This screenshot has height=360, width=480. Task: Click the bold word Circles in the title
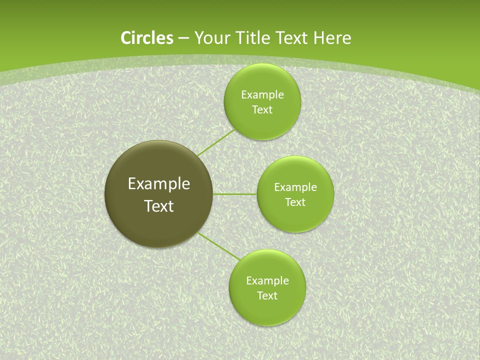(x=146, y=38)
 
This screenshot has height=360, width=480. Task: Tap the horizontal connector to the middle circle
(x=235, y=194)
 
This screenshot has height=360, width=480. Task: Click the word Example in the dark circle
(x=159, y=184)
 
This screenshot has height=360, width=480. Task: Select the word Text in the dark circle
(x=159, y=206)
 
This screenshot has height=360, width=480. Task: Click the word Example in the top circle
(x=262, y=95)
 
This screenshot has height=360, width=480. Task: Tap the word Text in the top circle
(x=262, y=110)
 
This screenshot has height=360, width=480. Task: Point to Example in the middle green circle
(x=295, y=187)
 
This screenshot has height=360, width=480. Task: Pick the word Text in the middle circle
(x=295, y=202)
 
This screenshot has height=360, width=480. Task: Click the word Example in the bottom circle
(x=267, y=281)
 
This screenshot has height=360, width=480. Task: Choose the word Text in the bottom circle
(x=267, y=296)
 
